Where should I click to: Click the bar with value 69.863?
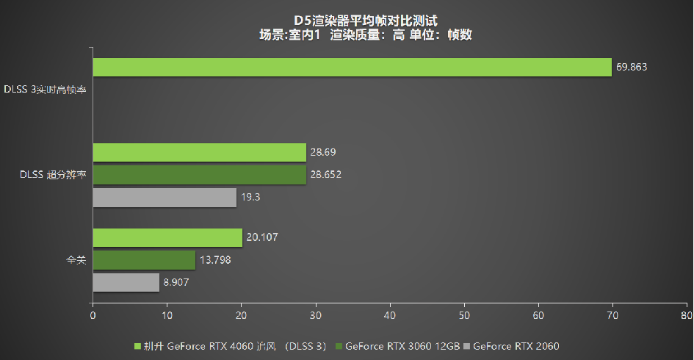pos(352,67)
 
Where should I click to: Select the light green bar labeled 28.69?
pos(199,152)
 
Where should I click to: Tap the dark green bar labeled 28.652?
pos(199,175)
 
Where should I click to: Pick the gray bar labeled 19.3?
pos(165,198)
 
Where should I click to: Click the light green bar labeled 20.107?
pos(167,237)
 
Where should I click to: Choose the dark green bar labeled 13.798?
pos(144,260)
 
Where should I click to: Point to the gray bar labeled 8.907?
pos(126,283)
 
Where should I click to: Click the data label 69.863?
pos(632,67)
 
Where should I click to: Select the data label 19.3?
pos(251,198)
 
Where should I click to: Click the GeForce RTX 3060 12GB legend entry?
pos(400,345)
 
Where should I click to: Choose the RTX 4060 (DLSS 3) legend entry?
pos(230,345)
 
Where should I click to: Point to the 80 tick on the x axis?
pos(686,315)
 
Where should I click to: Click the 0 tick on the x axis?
pos(93,315)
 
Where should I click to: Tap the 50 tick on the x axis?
pos(464,315)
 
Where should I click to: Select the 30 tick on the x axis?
pos(315,315)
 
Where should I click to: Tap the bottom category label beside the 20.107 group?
pos(76,260)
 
